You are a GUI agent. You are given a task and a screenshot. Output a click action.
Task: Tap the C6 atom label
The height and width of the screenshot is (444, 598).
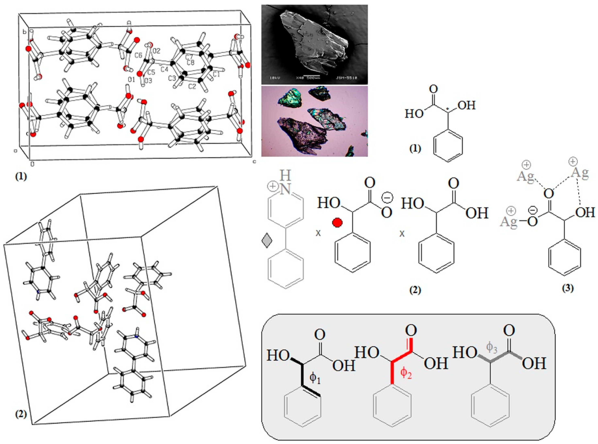pos(138,55)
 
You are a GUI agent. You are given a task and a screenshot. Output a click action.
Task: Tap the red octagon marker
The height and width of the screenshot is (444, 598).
pos(337,223)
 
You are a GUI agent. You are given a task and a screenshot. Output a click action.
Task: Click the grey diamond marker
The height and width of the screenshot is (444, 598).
pos(267,240)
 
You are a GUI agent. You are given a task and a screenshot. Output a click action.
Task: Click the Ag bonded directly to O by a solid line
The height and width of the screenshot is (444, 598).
pos(509,222)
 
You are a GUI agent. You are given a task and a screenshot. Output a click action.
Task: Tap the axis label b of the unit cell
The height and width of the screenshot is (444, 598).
pos(24,32)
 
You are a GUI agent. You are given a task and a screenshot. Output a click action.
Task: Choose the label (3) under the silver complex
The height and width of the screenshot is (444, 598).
pos(568,288)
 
